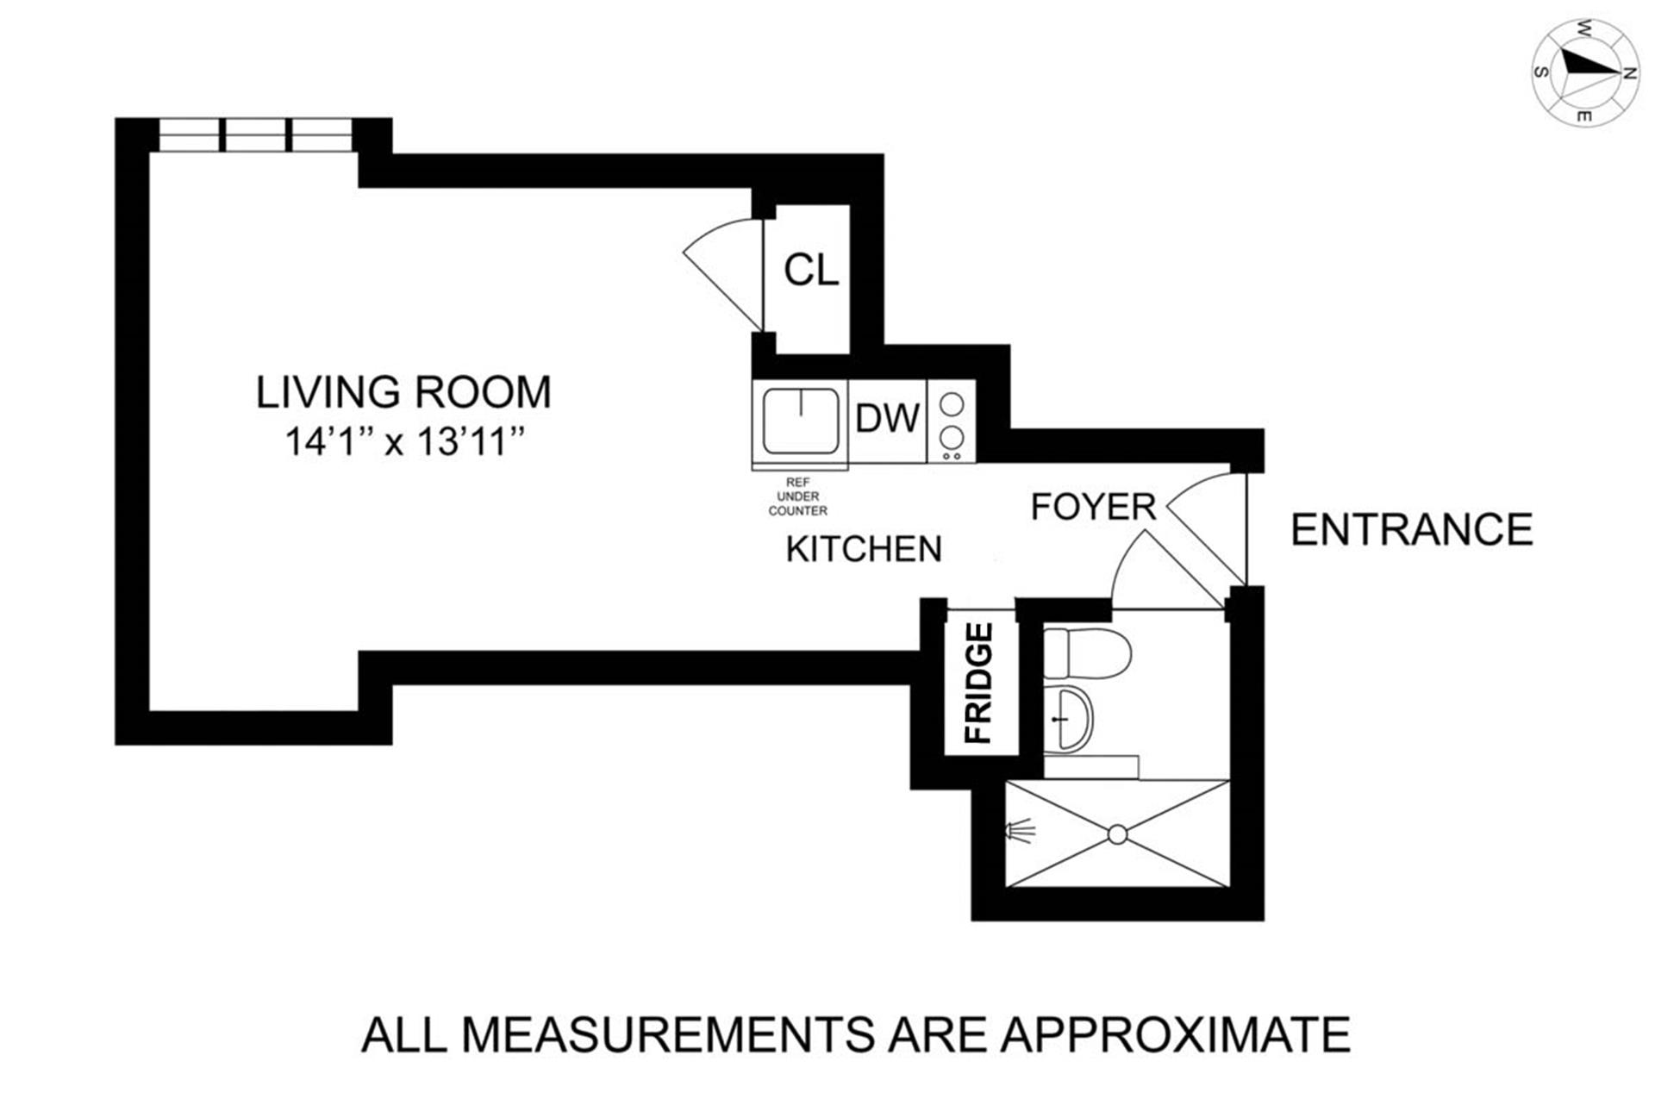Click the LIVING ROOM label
coord(403,392)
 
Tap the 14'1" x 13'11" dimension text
coord(405,442)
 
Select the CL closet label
coord(810,271)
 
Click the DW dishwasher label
coord(887,419)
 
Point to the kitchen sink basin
coord(800,421)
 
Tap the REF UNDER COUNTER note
coord(798,496)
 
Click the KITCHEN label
coord(864,549)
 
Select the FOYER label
coord(1093,507)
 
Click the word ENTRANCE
coord(1412,529)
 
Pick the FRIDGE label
coord(979,684)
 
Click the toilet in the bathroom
coord(1086,653)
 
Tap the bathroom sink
coord(1069,718)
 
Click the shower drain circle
coord(1117,834)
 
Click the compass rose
coord(1585,73)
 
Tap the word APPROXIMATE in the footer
coord(1175,1034)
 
